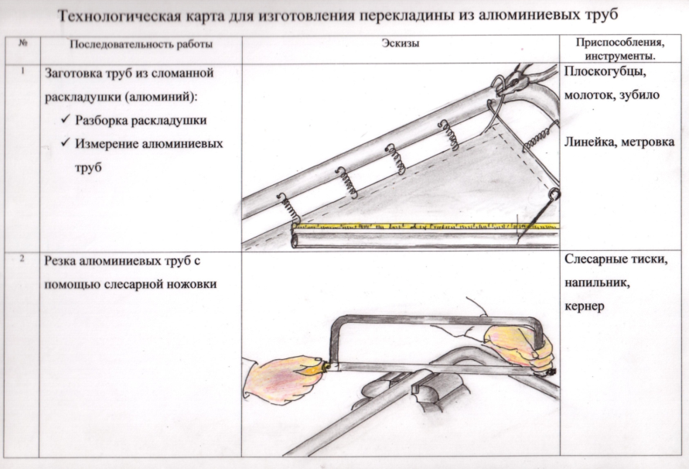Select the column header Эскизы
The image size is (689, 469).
click(x=400, y=43)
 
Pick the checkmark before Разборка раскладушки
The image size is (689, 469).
click(x=65, y=121)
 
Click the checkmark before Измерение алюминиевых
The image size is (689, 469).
click(x=65, y=145)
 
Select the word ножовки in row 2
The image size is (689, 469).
click(x=188, y=284)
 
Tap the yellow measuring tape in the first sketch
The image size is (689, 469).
click(x=418, y=224)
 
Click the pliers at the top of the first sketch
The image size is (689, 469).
click(x=522, y=77)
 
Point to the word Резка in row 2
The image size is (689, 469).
click(x=64, y=262)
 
